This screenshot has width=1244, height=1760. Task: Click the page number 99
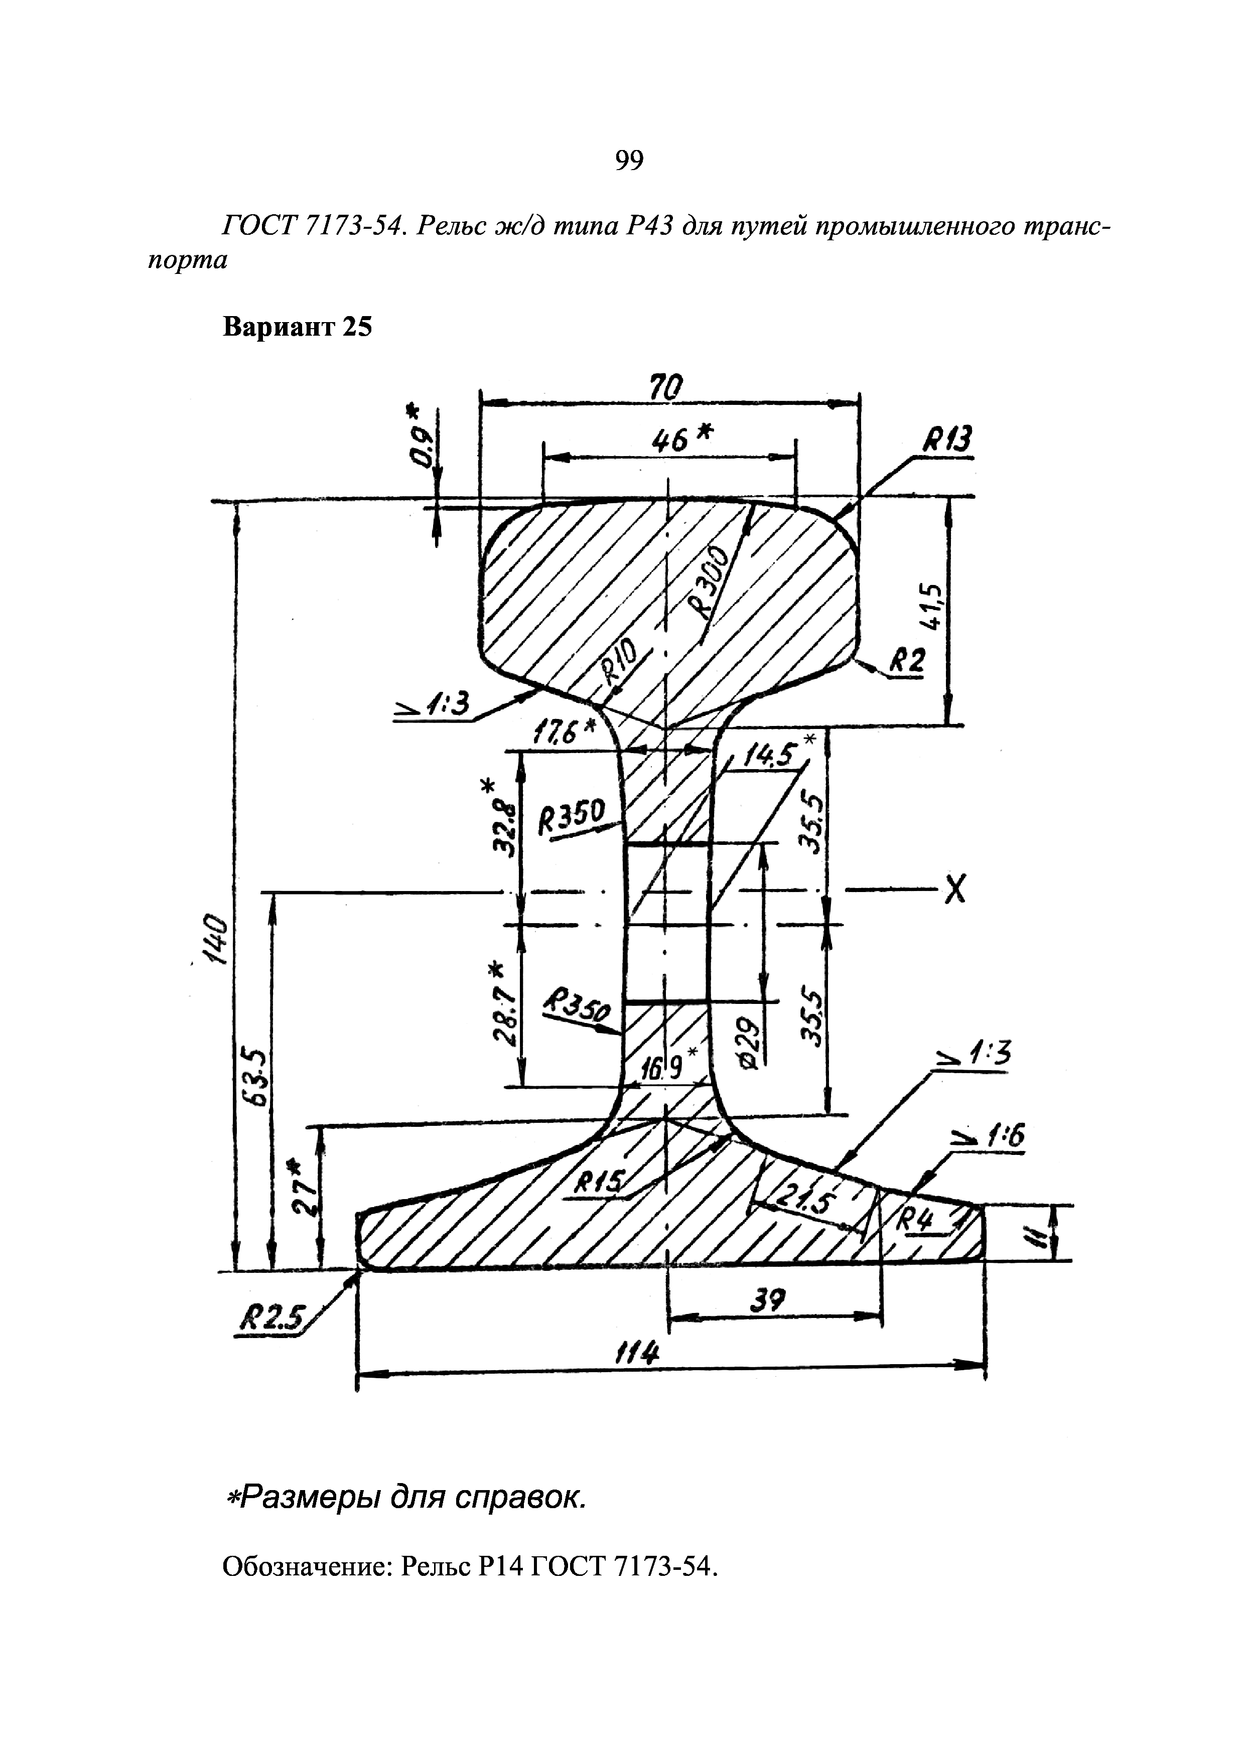[x=628, y=160]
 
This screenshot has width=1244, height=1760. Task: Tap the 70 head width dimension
[x=664, y=388]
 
